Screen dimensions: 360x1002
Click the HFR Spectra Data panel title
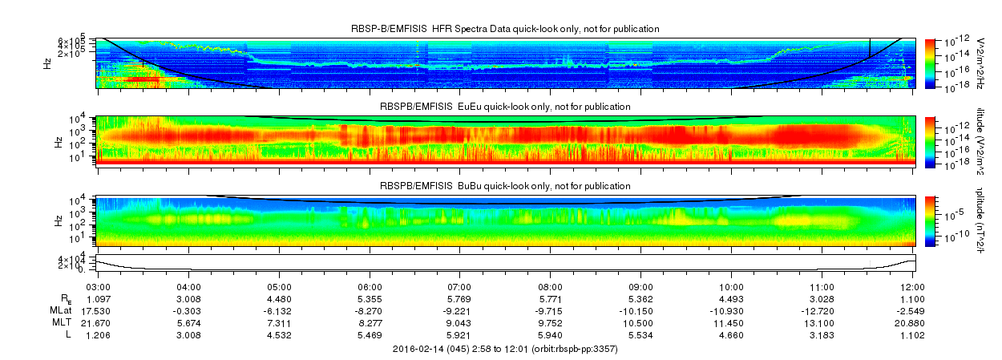(x=505, y=29)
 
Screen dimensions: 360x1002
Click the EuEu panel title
(x=505, y=107)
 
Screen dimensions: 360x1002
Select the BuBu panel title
(x=505, y=185)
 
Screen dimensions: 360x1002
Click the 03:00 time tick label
(x=97, y=285)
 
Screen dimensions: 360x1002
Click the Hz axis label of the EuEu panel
(x=59, y=141)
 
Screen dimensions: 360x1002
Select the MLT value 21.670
(x=97, y=322)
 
